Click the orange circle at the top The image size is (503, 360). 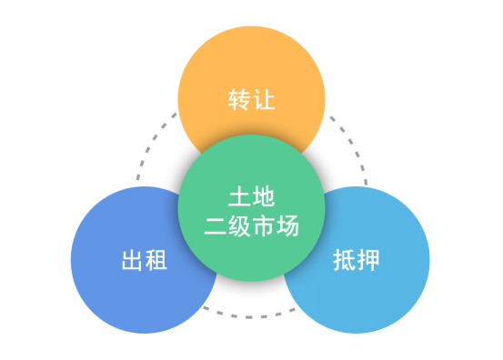pos(250,68)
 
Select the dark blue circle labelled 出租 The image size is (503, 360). pos(127,273)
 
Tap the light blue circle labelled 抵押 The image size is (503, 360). pos(373,273)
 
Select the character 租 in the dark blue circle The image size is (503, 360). pos(156,261)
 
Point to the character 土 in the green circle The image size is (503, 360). pos(238,195)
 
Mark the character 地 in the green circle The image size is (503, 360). pos(263,195)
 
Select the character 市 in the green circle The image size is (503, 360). pos(263,223)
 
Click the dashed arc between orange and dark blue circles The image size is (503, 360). pos(147,150)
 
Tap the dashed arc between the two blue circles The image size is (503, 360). pos(251,315)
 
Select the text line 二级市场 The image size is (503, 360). pos(251,223)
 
